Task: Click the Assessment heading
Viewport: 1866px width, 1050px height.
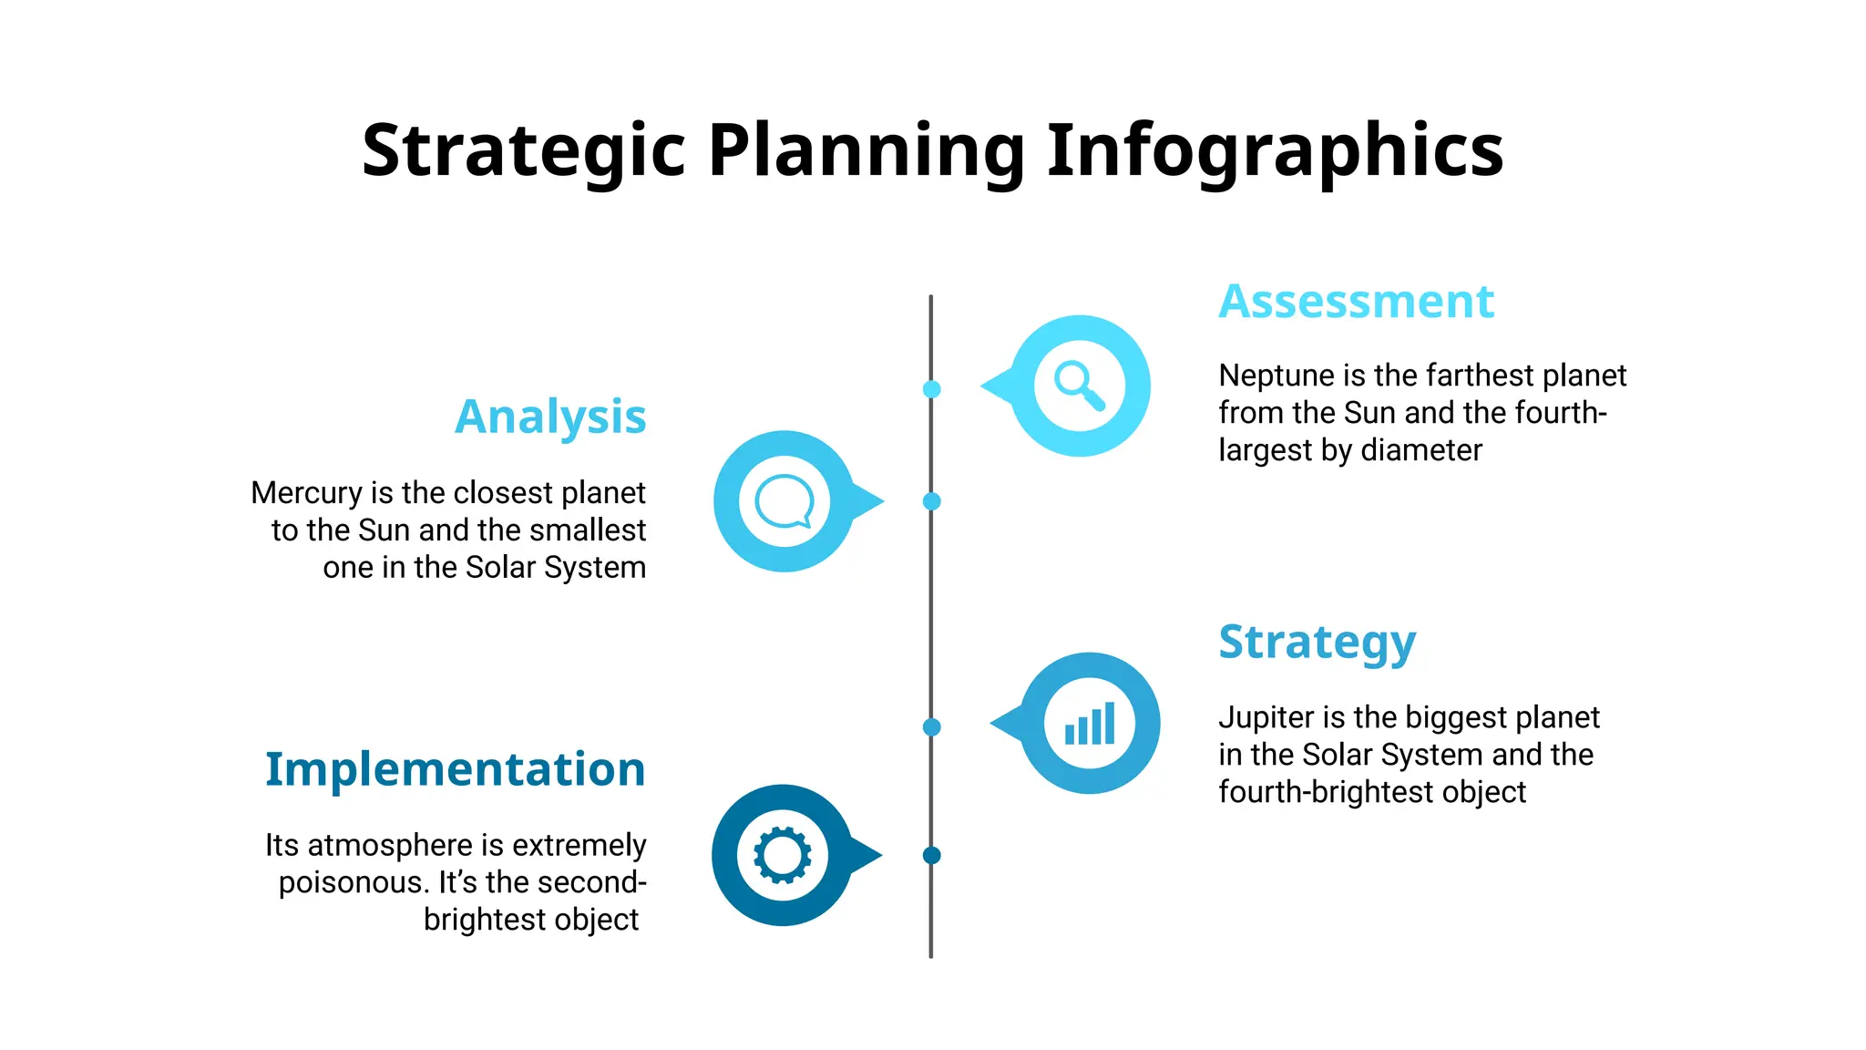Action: point(1356,302)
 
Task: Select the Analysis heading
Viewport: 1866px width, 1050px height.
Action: point(550,417)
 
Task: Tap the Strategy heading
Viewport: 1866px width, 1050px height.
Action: point(1317,643)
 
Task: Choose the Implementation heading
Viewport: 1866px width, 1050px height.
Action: point(455,769)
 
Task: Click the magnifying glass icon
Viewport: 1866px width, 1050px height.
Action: point(1079,386)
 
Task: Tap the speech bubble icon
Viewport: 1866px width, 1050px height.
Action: point(784,501)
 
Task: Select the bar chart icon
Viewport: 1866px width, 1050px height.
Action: point(1090,724)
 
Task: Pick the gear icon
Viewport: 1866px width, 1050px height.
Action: point(782,855)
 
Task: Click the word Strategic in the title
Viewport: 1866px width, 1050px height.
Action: point(523,150)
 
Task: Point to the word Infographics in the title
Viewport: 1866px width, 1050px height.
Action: point(1275,150)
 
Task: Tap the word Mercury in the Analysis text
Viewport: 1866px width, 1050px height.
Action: point(306,493)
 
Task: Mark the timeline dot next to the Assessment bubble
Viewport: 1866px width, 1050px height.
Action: point(931,389)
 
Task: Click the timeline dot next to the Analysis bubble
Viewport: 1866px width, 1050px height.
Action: point(931,501)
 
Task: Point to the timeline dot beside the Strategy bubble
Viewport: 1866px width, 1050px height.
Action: point(931,727)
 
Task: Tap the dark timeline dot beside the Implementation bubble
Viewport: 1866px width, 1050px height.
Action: point(931,855)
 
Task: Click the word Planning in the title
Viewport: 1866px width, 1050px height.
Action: point(866,150)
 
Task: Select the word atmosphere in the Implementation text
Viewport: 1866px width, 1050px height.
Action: point(392,845)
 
